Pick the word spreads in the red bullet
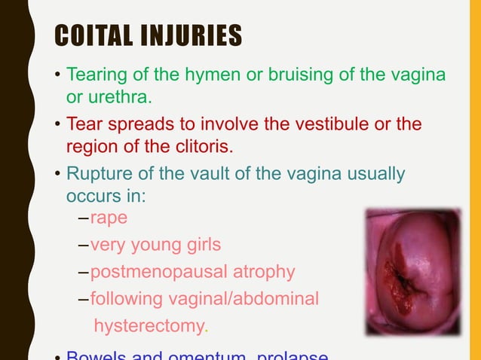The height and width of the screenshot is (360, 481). pyautogui.click(x=133, y=124)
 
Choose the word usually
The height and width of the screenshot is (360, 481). pyautogui.click(x=373, y=174)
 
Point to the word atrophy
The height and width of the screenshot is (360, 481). pyautogui.click(x=263, y=271)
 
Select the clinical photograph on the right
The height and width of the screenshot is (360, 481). pyautogui.click(x=413, y=272)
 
